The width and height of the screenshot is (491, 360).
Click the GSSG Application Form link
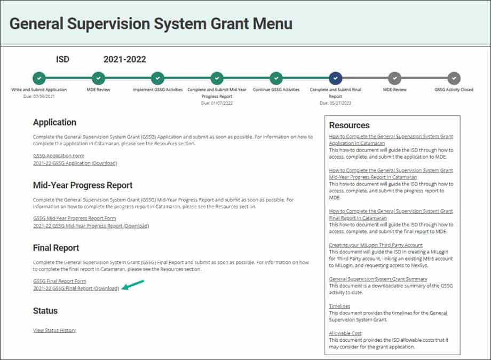[x=59, y=156]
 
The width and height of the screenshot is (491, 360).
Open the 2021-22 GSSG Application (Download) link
[x=75, y=163]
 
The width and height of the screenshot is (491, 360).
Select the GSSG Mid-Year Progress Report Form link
[x=75, y=218]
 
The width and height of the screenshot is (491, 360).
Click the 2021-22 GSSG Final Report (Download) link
[x=76, y=288]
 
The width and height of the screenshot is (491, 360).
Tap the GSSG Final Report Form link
[x=59, y=281]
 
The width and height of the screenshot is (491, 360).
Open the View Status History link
[x=54, y=330]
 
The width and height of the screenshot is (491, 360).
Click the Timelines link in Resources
[x=339, y=306]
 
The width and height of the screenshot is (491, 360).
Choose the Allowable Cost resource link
[x=345, y=333]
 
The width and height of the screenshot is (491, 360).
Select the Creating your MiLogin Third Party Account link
[x=375, y=245]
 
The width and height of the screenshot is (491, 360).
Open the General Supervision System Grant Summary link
[x=378, y=279]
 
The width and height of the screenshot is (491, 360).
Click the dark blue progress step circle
[x=335, y=78]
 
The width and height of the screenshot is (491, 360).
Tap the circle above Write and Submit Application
[x=39, y=78]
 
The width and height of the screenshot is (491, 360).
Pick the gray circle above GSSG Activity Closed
[x=454, y=78]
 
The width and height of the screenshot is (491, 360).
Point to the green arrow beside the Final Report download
[x=133, y=285]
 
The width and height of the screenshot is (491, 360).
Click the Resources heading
[x=349, y=126]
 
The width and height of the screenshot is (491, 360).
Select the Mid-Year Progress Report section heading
[x=83, y=185]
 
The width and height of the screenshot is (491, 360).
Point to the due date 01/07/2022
[x=217, y=103]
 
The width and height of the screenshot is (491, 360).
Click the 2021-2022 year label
[x=125, y=59]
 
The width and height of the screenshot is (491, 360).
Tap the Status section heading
[x=45, y=311]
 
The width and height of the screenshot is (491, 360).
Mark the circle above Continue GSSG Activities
[x=276, y=78]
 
